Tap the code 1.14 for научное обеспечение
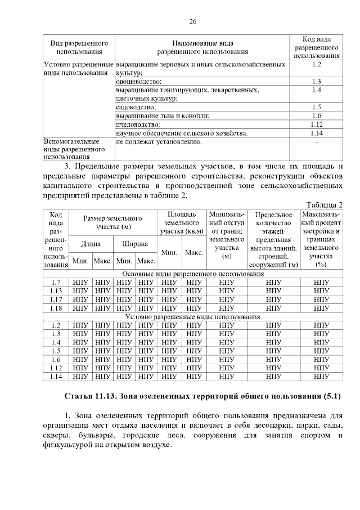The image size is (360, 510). click(316, 133)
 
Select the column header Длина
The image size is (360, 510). click(91, 244)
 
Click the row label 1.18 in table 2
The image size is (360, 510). click(55, 308)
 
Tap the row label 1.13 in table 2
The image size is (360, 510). click(55, 290)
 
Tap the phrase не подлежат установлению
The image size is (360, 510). click(159, 142)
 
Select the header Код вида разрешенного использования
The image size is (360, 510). click(316, 46)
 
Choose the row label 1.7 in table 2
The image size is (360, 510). click(55, 282)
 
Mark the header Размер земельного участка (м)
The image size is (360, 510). click(112, 222)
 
